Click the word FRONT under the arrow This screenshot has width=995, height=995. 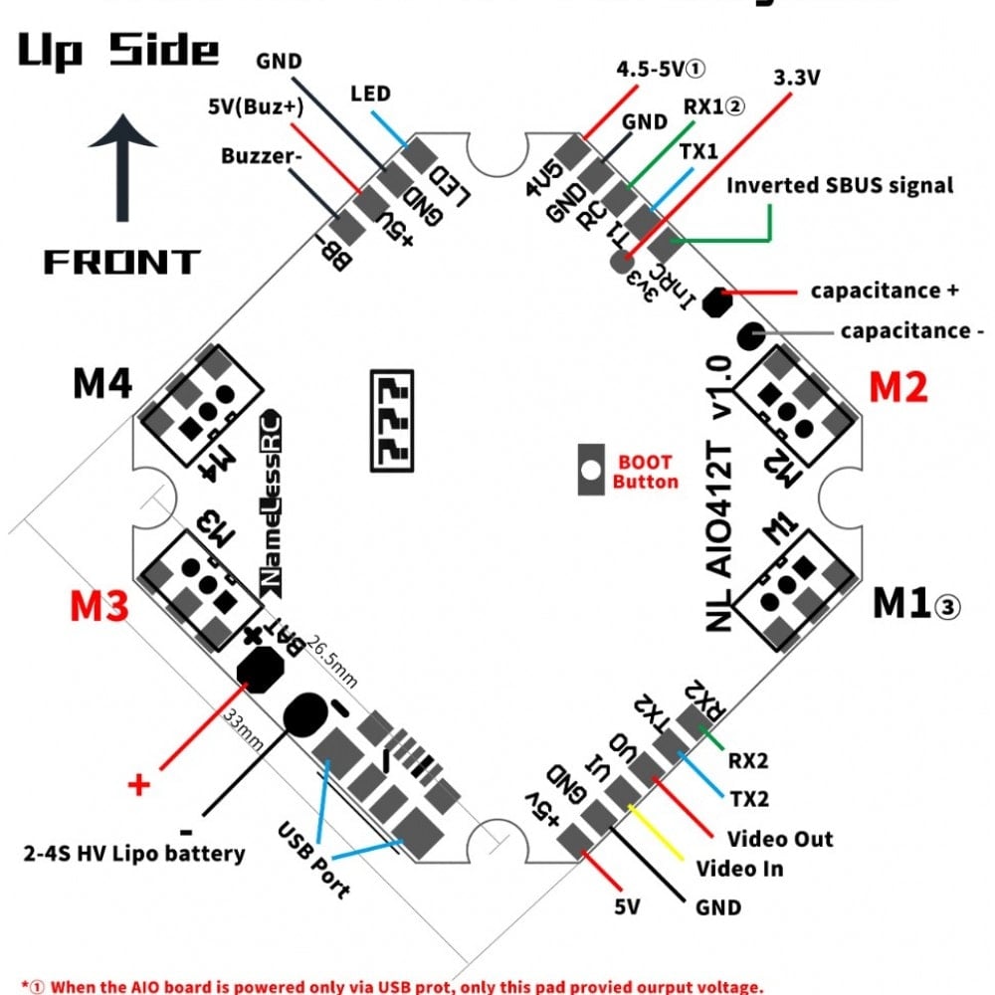121,262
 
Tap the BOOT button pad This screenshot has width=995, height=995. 593,469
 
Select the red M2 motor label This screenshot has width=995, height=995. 898,386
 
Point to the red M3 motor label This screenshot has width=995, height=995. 99,605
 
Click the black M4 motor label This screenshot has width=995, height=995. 103,383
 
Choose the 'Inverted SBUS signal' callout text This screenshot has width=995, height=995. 840,185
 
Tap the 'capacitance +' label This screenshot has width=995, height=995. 885,291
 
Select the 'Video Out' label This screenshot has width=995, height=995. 780,838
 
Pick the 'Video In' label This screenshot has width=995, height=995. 739,869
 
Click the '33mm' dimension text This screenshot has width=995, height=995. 242,728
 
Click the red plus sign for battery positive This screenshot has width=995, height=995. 139,785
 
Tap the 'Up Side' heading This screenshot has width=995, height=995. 117,50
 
